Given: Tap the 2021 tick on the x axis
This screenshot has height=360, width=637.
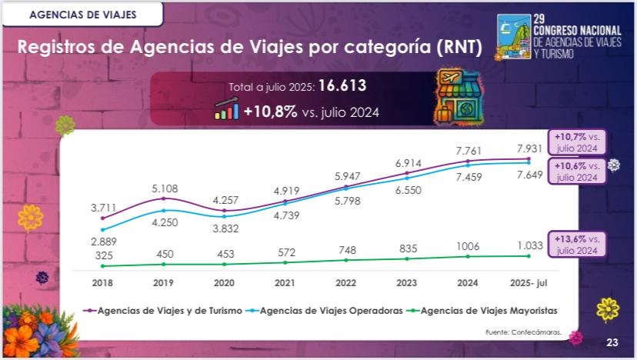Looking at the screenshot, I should click(x=285, y=283).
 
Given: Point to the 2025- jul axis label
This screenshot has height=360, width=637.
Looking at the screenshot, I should click(x=529, y=283).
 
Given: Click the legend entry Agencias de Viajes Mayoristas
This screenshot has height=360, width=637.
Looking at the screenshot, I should click(x=488, y=311).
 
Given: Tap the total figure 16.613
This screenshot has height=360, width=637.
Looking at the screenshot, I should click(x=344, y=86).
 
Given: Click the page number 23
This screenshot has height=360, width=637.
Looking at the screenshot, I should click(x=612, y=342).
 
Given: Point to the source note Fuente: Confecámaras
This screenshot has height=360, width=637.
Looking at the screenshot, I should click(x=522, y=332).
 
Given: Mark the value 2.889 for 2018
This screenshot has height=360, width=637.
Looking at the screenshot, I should click(x=102, y=242).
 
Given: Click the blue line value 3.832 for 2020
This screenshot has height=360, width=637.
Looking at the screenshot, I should click(x=224, y=228).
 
